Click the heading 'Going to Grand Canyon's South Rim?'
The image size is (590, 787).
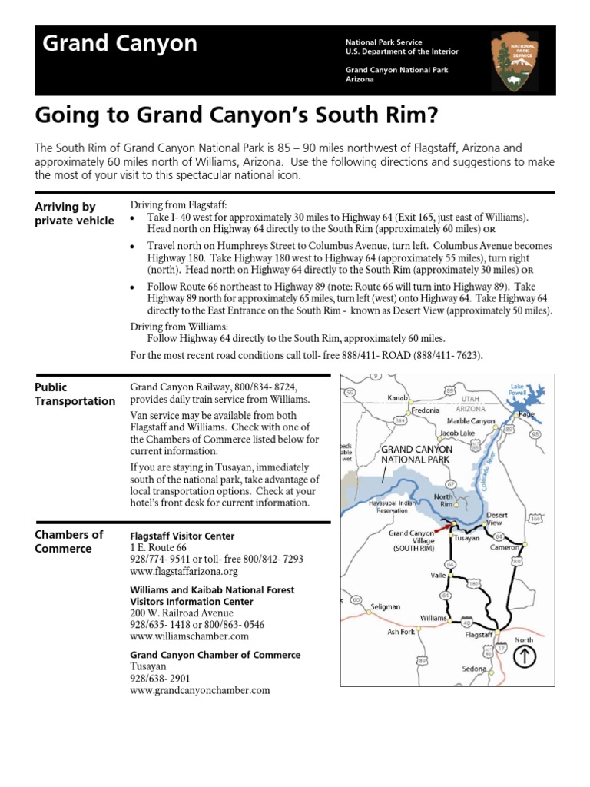(x=235, y=115)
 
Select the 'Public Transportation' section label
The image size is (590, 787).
(x=75, y=394)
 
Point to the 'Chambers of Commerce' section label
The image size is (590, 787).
(x=69, y=542)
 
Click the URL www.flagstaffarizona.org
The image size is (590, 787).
(x=184, y=572)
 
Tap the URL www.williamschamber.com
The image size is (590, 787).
(x=190, y=636)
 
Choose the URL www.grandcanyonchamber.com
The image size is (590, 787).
(x=201, y=690)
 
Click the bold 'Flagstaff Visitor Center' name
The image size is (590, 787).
(x=183, y=536)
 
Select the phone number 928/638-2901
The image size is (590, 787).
(x=161, y=679)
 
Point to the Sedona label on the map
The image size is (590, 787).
(x=474, y=669)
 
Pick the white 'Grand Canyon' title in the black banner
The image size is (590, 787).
(x=119, y=44)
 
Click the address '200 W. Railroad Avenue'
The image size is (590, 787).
(x=181, y=613)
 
